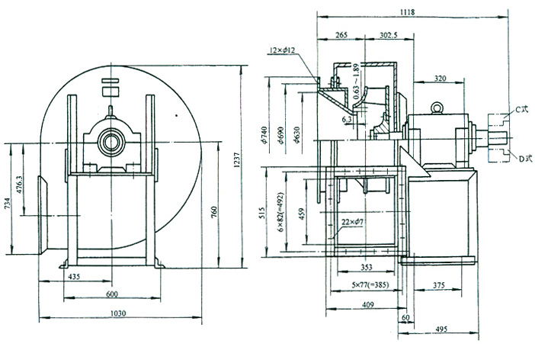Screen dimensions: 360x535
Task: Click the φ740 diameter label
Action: [264, 135]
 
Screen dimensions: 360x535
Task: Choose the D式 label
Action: [522, 159]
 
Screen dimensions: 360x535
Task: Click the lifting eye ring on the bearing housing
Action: [437, 108]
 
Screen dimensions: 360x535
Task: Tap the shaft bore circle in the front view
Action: [112, 142]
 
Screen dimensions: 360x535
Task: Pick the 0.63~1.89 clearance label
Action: [355, 85]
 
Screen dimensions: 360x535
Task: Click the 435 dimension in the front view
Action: [74, 275]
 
